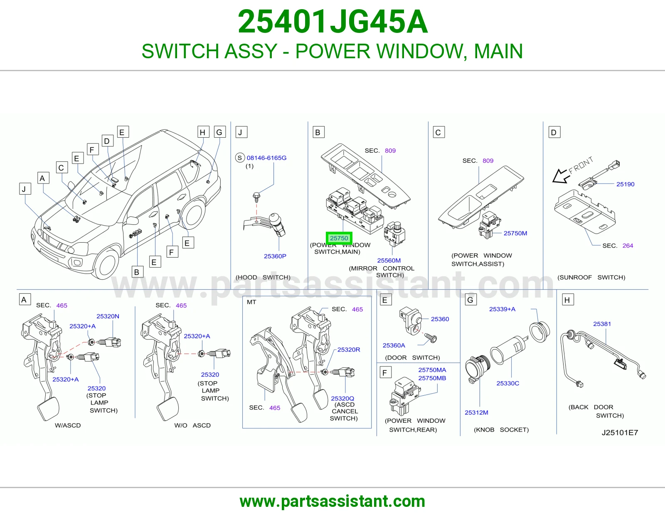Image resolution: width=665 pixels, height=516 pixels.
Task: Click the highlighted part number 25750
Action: (x=339, y=238)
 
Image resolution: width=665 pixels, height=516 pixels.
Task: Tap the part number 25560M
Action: (x=389, y=260)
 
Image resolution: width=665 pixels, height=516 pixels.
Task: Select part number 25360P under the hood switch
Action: (x=275, y=256)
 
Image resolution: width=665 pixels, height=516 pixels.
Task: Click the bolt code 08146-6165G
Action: (x=266, y=158)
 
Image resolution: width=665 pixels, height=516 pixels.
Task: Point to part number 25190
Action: (x=625, y=184)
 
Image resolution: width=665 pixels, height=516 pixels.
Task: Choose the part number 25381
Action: (x=602, y=324)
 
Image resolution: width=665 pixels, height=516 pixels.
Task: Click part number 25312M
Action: (x=476, y=412)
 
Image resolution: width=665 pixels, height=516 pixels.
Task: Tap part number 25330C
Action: (x=508, y=383)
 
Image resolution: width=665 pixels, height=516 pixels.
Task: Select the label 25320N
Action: (x=108, y=316)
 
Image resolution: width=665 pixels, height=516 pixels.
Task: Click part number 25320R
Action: (x=349, y=350)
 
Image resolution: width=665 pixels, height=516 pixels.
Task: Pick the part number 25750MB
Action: (x=432, y=378)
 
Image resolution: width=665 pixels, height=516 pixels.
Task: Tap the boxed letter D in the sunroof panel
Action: (x=554, y=132)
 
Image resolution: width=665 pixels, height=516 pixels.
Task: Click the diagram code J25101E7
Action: (x=620, y=433)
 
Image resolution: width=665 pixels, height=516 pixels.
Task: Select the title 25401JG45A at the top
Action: (x=332, y=22)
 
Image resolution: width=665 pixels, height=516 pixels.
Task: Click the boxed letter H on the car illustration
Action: (x=203, y=132)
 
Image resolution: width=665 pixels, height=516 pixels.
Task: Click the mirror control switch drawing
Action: (x=395, y=234)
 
